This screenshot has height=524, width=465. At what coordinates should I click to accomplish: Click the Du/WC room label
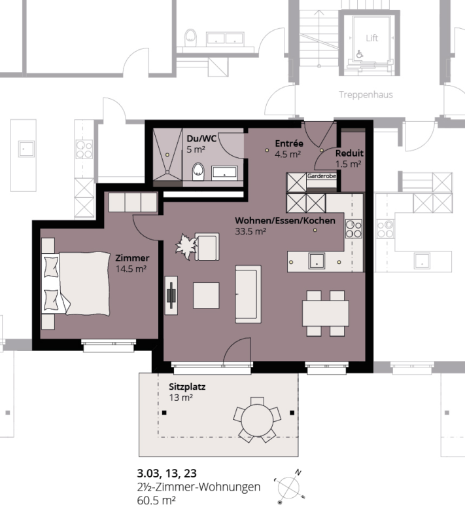(201, 139)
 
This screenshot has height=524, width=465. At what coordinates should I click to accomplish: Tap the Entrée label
(289, 143)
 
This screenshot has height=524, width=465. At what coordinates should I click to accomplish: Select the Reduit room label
(349, 153)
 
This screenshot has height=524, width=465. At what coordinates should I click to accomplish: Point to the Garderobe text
(322, 176)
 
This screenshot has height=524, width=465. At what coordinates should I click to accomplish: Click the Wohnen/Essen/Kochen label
(285, 221)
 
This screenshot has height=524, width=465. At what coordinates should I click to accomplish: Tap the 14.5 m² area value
(131, 269)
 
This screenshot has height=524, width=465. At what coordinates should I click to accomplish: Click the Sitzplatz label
(187, 387)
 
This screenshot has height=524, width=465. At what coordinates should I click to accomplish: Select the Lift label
(371, 38)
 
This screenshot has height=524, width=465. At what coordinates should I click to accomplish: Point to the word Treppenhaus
(366, 94)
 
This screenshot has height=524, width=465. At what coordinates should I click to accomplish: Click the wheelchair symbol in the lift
(360, 54)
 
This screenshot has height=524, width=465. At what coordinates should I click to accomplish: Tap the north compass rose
(289, 487)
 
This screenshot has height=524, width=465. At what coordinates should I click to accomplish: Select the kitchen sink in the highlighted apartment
(317, 261)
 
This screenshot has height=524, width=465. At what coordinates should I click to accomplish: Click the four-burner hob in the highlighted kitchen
(354, 229)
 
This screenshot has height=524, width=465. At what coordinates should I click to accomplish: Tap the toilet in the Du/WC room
(198, 172)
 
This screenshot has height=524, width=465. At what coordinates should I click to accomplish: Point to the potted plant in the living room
(186, 246)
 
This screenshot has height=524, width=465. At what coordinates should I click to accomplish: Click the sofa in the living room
(248, 294)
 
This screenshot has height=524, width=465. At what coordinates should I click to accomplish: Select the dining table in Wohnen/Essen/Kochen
(326, 313)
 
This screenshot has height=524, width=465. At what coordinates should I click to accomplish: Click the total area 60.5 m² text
(156, 500)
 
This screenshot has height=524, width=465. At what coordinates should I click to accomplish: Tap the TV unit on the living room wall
(171, 295)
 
